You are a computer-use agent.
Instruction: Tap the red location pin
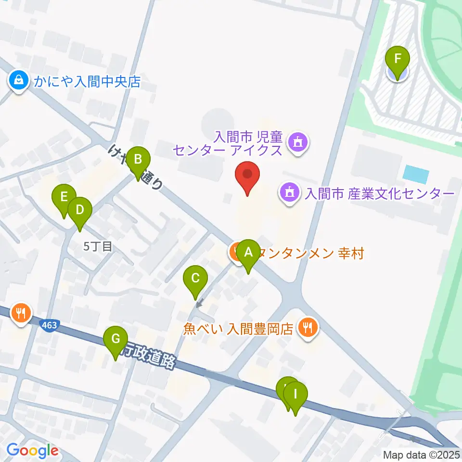[x=248, y=176]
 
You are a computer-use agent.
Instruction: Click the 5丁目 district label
[x=98, y=247]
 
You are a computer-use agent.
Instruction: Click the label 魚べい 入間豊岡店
[x=238, y=329]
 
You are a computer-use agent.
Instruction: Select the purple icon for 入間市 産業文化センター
[x=289, y=193]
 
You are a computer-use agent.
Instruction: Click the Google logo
[x=32, y=451]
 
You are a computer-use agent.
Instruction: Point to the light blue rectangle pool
[x=416, y=174]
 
